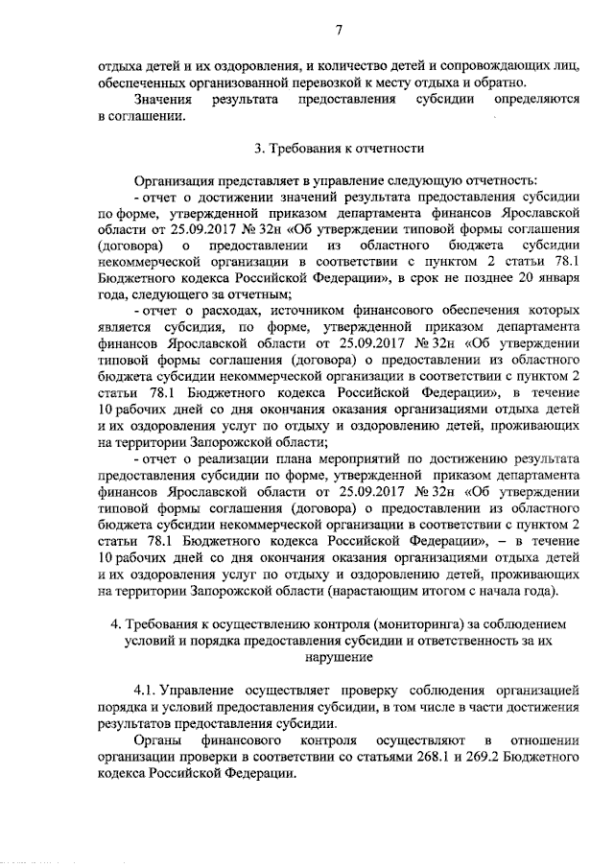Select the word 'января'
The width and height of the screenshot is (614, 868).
point(555,278)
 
